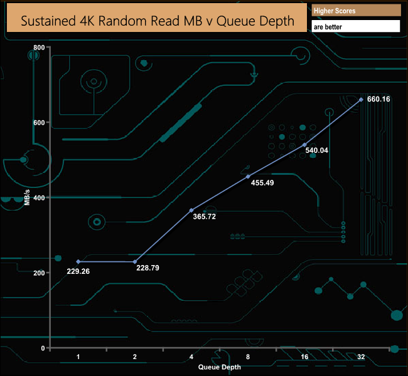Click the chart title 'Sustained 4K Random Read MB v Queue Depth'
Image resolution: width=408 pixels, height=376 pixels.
[x=158, y=20]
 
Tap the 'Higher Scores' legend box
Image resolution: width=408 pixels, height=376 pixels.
[x=356, y=11]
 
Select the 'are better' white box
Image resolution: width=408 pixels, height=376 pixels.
[x=356, y=26]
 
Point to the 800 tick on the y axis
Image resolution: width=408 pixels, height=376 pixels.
[x=37, y=48]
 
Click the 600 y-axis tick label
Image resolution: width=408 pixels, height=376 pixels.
[x=37, y=123]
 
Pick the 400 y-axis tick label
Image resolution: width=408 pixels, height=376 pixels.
[x=37, y=198]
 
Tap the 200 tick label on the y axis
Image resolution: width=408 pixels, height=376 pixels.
[x=37, y=273]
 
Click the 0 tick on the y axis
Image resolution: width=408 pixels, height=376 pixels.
[x=43, y=348]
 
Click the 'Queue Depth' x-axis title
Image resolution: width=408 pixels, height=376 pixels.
[x=220, y=367]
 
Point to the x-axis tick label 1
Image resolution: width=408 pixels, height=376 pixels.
[x=78, y=357]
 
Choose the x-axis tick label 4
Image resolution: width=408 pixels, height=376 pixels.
[x=191, y=357]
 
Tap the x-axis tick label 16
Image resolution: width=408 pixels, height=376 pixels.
[x=304, y=357]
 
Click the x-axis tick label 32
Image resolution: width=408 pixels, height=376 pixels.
[x=361, y=357]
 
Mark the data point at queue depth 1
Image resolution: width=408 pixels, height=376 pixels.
[x=78, y=261]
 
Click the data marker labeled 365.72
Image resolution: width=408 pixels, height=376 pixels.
[x=191, y=210]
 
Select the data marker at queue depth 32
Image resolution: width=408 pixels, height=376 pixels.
[x=361, y=100]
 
